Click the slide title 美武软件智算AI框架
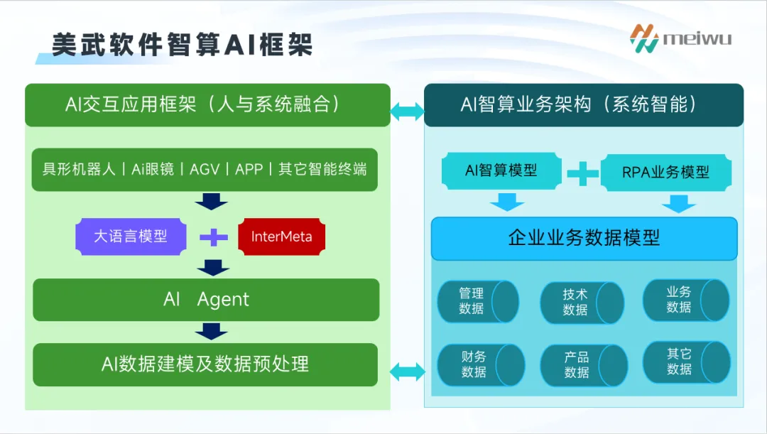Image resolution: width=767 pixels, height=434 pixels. tap(183, 44)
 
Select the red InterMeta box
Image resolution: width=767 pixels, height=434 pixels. tap(281, 237)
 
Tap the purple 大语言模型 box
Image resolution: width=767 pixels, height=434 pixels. tap(131, 237)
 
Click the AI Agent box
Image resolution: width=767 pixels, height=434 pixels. tap(206, 300)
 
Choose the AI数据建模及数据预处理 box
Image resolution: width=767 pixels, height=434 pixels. tap(205, 364)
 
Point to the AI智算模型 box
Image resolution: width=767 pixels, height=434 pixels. tap(501, 170)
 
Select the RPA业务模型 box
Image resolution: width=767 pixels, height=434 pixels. tap(665, 172)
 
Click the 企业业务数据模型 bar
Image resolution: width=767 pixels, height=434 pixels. tap(584, 238)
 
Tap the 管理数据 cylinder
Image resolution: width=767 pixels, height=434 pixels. tap(477, 301)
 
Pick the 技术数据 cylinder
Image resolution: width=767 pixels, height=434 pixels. tap(582, 303)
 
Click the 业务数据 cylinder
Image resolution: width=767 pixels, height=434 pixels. tap(685, 300)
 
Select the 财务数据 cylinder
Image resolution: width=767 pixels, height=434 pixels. tap(480, 364)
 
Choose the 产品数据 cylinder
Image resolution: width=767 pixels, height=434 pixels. tap(583, 365)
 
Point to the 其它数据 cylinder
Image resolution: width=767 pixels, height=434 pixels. tap(685, 362)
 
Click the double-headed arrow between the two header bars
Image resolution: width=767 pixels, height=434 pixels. tap(407, 110)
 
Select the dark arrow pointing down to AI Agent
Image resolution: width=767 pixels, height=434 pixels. tap(212, 268)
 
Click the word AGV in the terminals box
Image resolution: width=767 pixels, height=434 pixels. tap(205, 169)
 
